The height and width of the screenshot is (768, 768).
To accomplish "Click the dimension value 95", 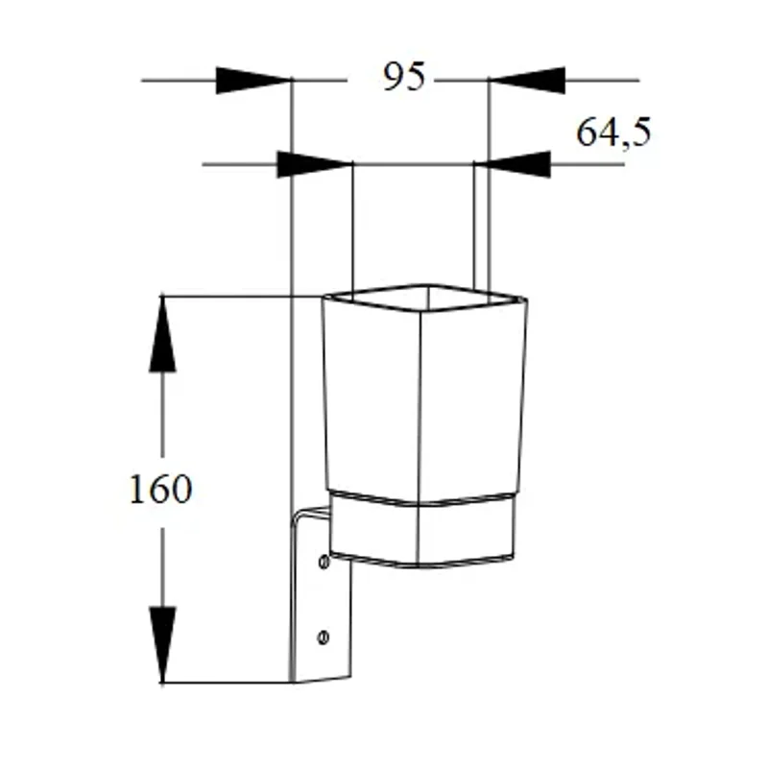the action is (x=404, y=77).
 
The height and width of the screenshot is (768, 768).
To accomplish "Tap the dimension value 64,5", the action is (x=613, y=132).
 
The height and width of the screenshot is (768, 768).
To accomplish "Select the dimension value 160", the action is (x=160, y=489).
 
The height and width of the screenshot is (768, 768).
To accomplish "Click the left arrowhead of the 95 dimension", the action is (x=253, y=80).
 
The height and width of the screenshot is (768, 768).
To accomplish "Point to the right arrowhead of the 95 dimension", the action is (x=527, y=80).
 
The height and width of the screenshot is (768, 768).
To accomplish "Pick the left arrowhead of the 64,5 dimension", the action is (x=315, y=164).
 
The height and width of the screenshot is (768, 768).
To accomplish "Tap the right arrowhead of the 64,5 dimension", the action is (x=513, y=164).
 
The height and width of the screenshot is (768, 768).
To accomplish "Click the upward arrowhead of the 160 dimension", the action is (x=162, y=334).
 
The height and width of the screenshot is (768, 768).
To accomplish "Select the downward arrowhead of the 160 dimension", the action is (x=162, y=644).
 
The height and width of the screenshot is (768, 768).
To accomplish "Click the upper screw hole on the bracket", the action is (x=324, y=562).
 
